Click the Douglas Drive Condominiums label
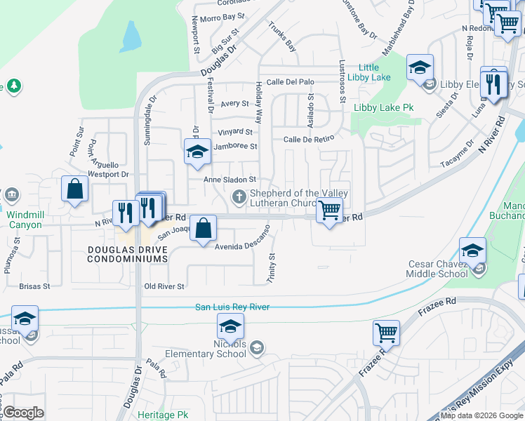tap(127, 254)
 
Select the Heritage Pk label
tap(164, 415)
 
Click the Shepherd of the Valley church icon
tap(239, 197)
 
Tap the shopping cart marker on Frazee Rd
tap(386, 333)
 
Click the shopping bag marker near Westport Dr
tap(74, 189)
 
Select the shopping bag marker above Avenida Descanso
tap(203, 228)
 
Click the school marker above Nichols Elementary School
tap(230, 326)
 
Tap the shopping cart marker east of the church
tap(328, 209)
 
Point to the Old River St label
tap(164, 286)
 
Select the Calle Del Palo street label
tap(290, 81)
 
